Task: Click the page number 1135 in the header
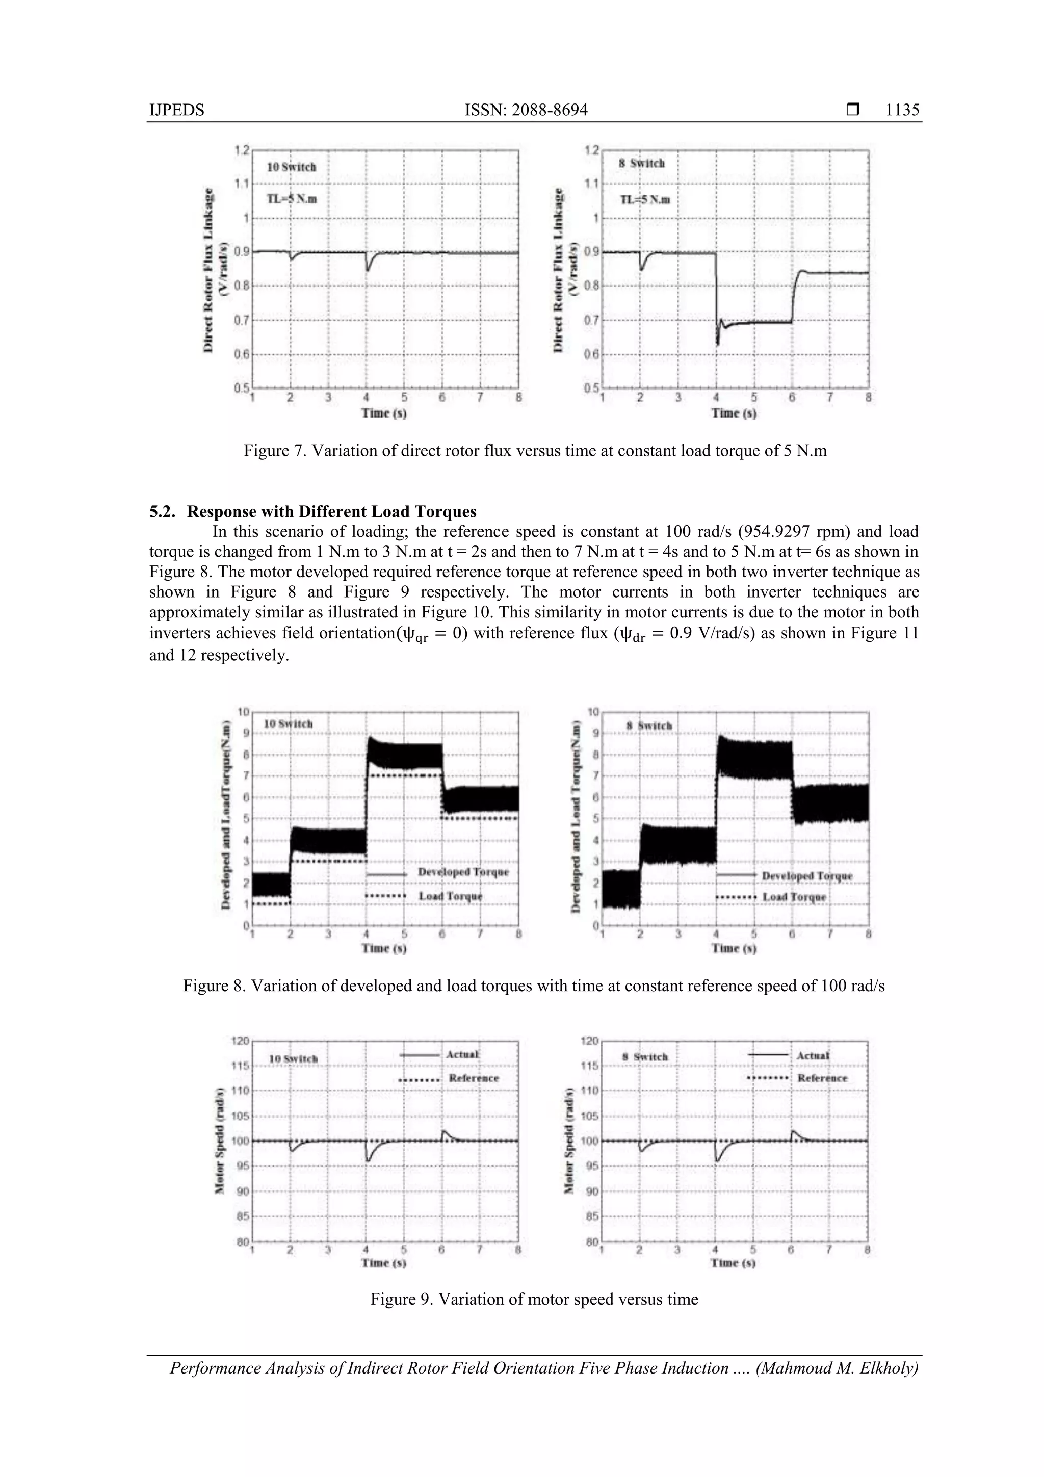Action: coord(902,110)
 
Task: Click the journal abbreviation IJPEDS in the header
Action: coord(176,110)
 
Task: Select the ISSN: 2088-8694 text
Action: coord(526,110)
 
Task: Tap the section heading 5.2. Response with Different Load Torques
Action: coord(314,511)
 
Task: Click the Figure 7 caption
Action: coord(535,450)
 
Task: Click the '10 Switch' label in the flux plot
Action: coord(292,167)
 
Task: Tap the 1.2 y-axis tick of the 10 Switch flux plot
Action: coord(242,150)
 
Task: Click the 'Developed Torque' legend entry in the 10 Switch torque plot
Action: coord(462,872)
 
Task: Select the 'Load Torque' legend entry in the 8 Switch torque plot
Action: coord(794,897)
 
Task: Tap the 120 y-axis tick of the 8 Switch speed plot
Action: coord(590,1040)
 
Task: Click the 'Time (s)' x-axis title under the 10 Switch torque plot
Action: coord(383,948)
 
